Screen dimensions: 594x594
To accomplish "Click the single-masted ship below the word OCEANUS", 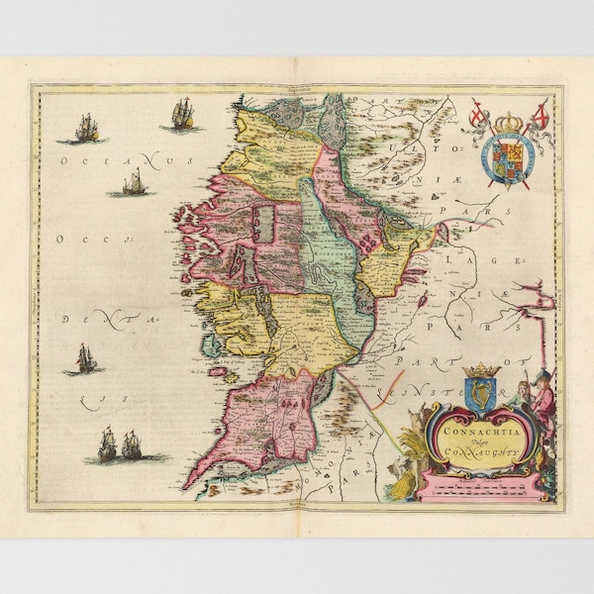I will (x=133, y=183).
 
